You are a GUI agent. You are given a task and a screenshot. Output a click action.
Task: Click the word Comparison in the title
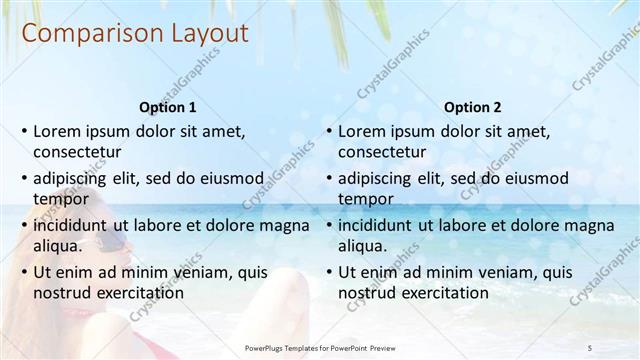coord(82,33)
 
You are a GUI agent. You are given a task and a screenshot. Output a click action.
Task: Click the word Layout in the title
coord(199,33)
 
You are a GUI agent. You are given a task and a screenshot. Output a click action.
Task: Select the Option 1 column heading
coord(166,107)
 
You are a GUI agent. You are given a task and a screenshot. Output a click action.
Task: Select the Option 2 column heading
coord(473,107)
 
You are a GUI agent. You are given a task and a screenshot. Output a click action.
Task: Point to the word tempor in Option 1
coord(58,199)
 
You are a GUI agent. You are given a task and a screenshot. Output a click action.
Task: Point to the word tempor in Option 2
coord(363,199)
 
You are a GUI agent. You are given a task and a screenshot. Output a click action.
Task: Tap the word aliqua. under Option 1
coord(59,246)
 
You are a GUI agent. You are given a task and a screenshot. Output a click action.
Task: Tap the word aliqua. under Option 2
coord(364,246)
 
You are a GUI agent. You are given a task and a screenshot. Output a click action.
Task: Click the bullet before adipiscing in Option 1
coord(24,178)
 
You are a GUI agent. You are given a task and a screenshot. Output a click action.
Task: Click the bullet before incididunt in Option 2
coord(329,225)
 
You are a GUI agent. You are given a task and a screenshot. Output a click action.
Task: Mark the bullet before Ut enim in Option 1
coord(24,272)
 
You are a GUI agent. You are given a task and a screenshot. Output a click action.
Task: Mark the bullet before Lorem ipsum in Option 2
coord(329,131)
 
